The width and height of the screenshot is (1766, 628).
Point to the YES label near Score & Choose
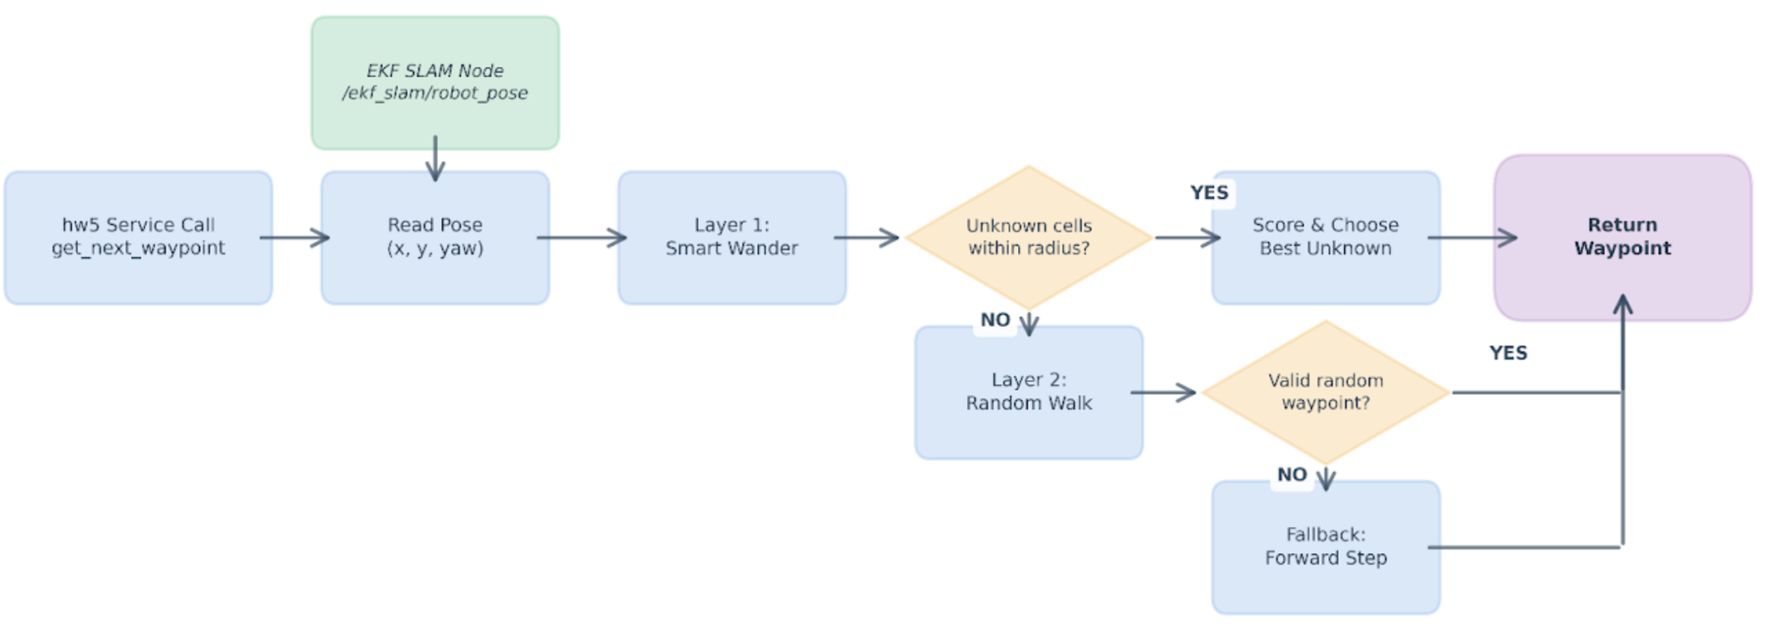(x=1208, y=193)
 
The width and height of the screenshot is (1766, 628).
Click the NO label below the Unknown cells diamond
(x=995, y=320)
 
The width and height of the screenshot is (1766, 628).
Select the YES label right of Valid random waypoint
(x=1507, y=353)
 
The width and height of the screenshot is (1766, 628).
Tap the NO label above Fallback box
(x=1291, y=475)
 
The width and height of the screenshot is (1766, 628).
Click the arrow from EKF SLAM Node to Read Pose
(x=435, y=159)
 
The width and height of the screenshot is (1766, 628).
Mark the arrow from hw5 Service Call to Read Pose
(x=296, y=237)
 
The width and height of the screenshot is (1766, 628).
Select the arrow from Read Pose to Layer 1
(x=583, y=237)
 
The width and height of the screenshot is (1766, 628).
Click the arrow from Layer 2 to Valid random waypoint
(x=1164, y=392)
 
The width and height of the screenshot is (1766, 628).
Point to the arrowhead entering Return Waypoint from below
(x=1622, y=303)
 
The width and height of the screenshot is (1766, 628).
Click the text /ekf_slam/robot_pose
(x=434, y=93)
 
